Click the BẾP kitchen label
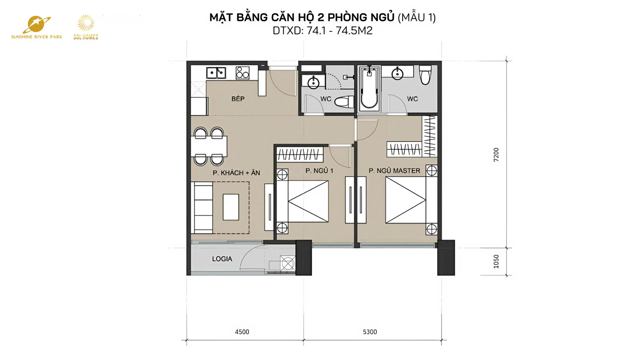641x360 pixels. [238, 99]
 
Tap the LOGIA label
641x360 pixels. [222, 259]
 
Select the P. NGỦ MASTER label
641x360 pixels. [394, 171]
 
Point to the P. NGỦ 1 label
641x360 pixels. [319, 171]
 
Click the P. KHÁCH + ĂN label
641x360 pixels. [236, 173]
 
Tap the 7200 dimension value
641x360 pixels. [496, 155]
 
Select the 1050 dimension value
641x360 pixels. [496, 262]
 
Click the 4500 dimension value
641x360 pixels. [242, 332]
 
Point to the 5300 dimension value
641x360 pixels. [370, 332]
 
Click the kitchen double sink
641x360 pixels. [216, 73]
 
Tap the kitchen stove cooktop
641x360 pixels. [242, 73]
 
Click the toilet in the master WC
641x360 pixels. [425, 75]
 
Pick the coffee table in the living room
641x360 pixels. [231, 207]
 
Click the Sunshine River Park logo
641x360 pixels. [37, 28]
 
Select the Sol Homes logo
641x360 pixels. [85, 27]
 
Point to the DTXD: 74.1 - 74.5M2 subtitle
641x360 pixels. [323, 31]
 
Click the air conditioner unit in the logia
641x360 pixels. [288, 263]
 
